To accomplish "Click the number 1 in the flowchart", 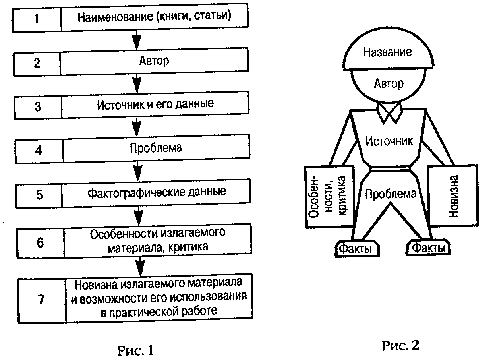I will coord(37,19).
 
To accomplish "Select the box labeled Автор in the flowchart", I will coord(154,62).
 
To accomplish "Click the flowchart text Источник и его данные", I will coord(155,105).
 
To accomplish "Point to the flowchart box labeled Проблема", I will coord(156,148).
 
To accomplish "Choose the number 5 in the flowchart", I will coord(39,195).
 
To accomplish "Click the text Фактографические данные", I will coord(157,192).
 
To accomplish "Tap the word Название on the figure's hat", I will coord(388,52).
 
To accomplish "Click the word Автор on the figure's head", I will coord(389,83).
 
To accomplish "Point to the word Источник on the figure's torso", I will coord(389,141).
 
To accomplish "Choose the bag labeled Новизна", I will coord(452,196).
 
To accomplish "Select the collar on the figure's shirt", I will coord(389,112).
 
